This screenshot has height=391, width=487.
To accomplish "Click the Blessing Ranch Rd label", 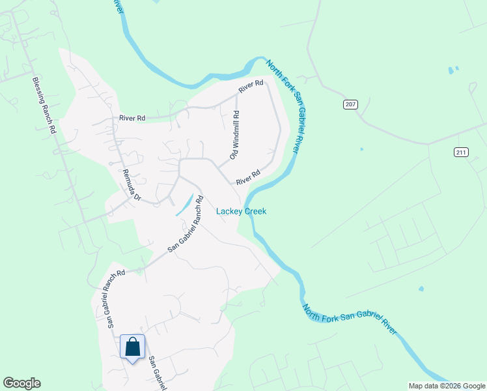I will tap(44, 106).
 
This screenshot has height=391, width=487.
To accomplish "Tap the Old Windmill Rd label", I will tap(234, 136).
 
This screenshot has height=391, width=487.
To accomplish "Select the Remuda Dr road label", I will tap(132, 185).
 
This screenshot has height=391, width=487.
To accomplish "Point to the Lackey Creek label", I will tap(241, 211).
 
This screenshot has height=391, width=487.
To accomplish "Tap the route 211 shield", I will tap(462, 152).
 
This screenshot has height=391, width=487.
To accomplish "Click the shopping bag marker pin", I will tap(133, 347).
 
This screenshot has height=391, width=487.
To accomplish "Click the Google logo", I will tap(21, 383).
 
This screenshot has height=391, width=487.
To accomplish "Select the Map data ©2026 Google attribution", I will tap(447, 386).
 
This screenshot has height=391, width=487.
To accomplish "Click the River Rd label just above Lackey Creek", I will tap(248, 177).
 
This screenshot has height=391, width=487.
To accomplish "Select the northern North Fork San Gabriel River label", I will tap(283, 106).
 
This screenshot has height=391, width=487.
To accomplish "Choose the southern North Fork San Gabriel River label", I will tap(349, 315).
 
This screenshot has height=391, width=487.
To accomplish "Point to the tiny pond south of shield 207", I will tap(361, 149).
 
